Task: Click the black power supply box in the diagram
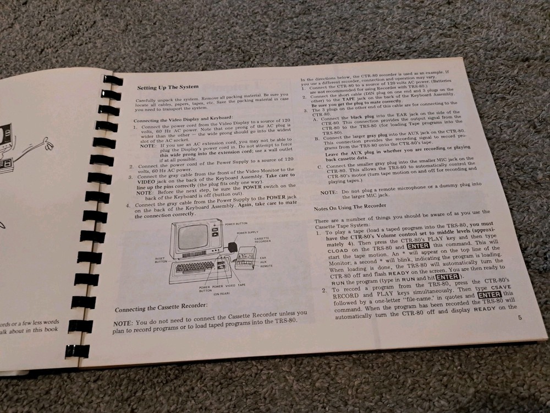click(233, 248)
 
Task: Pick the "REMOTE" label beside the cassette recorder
click(266, 265)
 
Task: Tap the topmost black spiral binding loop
click(113, 80)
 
